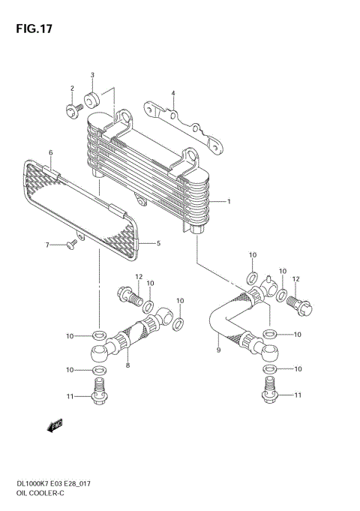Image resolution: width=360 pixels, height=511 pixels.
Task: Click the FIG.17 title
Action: tap(33, 30)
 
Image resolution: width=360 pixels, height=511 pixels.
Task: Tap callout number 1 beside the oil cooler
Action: tap(229, 202)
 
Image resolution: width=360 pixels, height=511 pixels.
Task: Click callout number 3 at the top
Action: tap(92, 76)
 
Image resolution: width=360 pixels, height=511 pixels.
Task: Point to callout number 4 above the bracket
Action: tap(172, 94)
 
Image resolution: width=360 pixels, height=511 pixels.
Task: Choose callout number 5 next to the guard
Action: tap(158, 243)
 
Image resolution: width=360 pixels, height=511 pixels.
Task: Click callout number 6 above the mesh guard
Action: tap(50, 153)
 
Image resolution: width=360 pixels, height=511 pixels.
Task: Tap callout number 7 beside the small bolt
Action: tap(46, 245)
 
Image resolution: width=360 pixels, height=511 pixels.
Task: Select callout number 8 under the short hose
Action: tap(127, 365)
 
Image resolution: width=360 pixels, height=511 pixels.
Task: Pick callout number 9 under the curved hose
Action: tap(218, 349)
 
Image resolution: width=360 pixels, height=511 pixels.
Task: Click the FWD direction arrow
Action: tap(55, 426)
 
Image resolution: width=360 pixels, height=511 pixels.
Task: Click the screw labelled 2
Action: tap(73, 110)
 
